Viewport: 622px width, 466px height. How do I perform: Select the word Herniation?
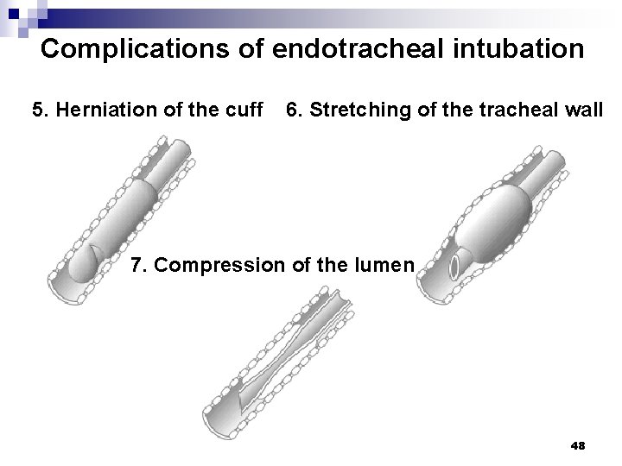pyautogui.click(x=98, y=110)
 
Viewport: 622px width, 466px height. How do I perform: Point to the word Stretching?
pyautogui.click(x=353, y=110)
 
